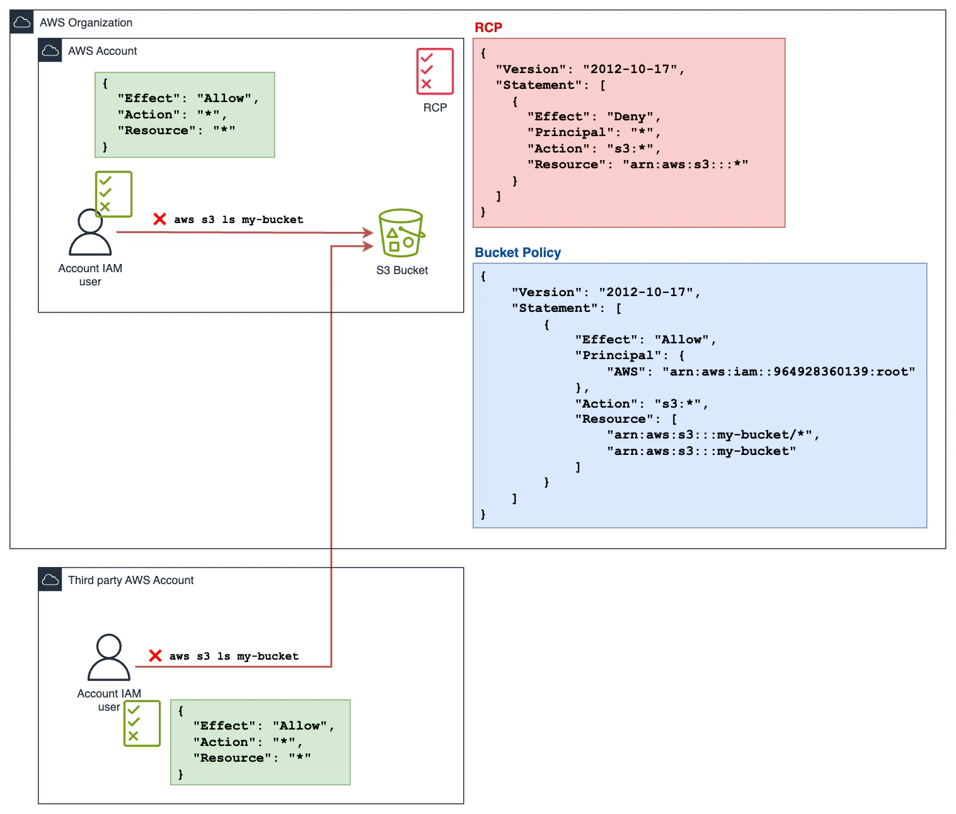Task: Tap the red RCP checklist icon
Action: click(x=435, y=71)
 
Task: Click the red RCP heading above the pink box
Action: click(x=488, y=28)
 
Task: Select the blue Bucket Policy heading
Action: click(x=517, y=253)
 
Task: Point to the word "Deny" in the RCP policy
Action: click(x=630, y=117)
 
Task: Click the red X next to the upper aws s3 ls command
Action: click(x=159, y=219)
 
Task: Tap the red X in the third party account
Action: click(x=155, y=656)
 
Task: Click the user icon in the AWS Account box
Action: click(x=90, y=232)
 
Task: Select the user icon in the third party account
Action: click(x=109, y=658)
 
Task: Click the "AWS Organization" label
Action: click(x=86, y=23)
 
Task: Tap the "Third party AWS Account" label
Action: click(x=130, y=580)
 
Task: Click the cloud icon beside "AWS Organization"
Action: click(x=21, y=23)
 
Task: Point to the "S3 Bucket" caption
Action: click(x=401, y=270)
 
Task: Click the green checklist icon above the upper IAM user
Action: click(x=113, y=194)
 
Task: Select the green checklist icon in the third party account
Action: click(x=142, y=723)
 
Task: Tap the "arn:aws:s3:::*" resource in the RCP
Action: click(x=684, y=164)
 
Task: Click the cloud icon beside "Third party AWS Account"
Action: click(x=50, y=580)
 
